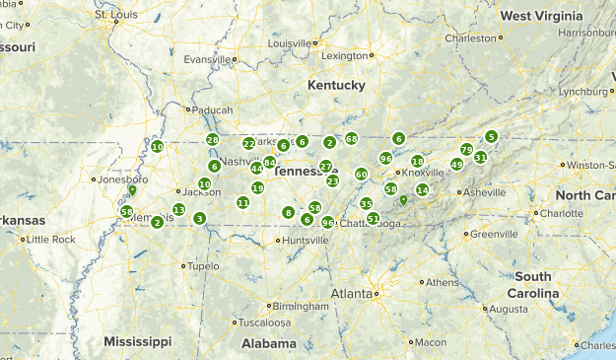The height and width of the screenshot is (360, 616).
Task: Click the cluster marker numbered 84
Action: tap(269, 163)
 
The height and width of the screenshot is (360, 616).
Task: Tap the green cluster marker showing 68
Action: tap(352, 139)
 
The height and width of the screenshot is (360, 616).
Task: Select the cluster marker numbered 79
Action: tap(466, 149)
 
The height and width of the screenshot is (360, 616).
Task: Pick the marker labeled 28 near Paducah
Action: tap(212, 140)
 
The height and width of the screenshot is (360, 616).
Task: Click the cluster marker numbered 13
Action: tap(178, 209)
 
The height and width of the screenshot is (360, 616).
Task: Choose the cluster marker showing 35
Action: tap(366, 204)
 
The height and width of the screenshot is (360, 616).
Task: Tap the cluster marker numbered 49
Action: tap(456, 165)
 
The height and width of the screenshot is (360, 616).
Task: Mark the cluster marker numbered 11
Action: tap(242, 202)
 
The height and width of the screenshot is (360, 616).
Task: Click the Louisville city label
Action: tap(289, 43)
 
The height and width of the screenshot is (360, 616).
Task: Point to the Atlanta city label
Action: tap(351, 293)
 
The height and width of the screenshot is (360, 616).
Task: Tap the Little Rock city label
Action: tap(49, 240)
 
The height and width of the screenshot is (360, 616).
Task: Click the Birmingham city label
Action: tap(271, 305)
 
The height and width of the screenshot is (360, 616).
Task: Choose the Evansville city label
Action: tap(206, 59)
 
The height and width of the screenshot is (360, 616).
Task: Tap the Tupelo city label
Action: tap(203, 266)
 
